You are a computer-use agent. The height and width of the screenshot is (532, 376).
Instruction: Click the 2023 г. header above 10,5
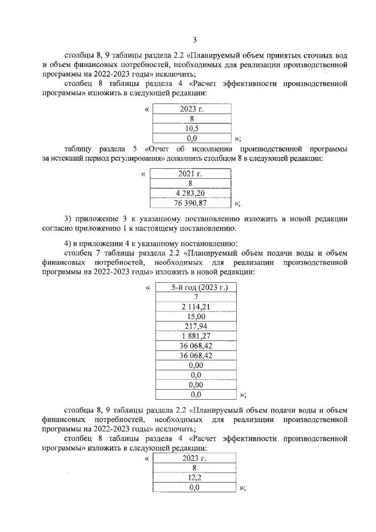tap(192, 109)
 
